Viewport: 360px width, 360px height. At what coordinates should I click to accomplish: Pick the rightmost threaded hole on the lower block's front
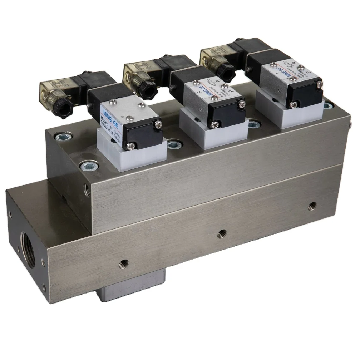[x=312, y=205]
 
